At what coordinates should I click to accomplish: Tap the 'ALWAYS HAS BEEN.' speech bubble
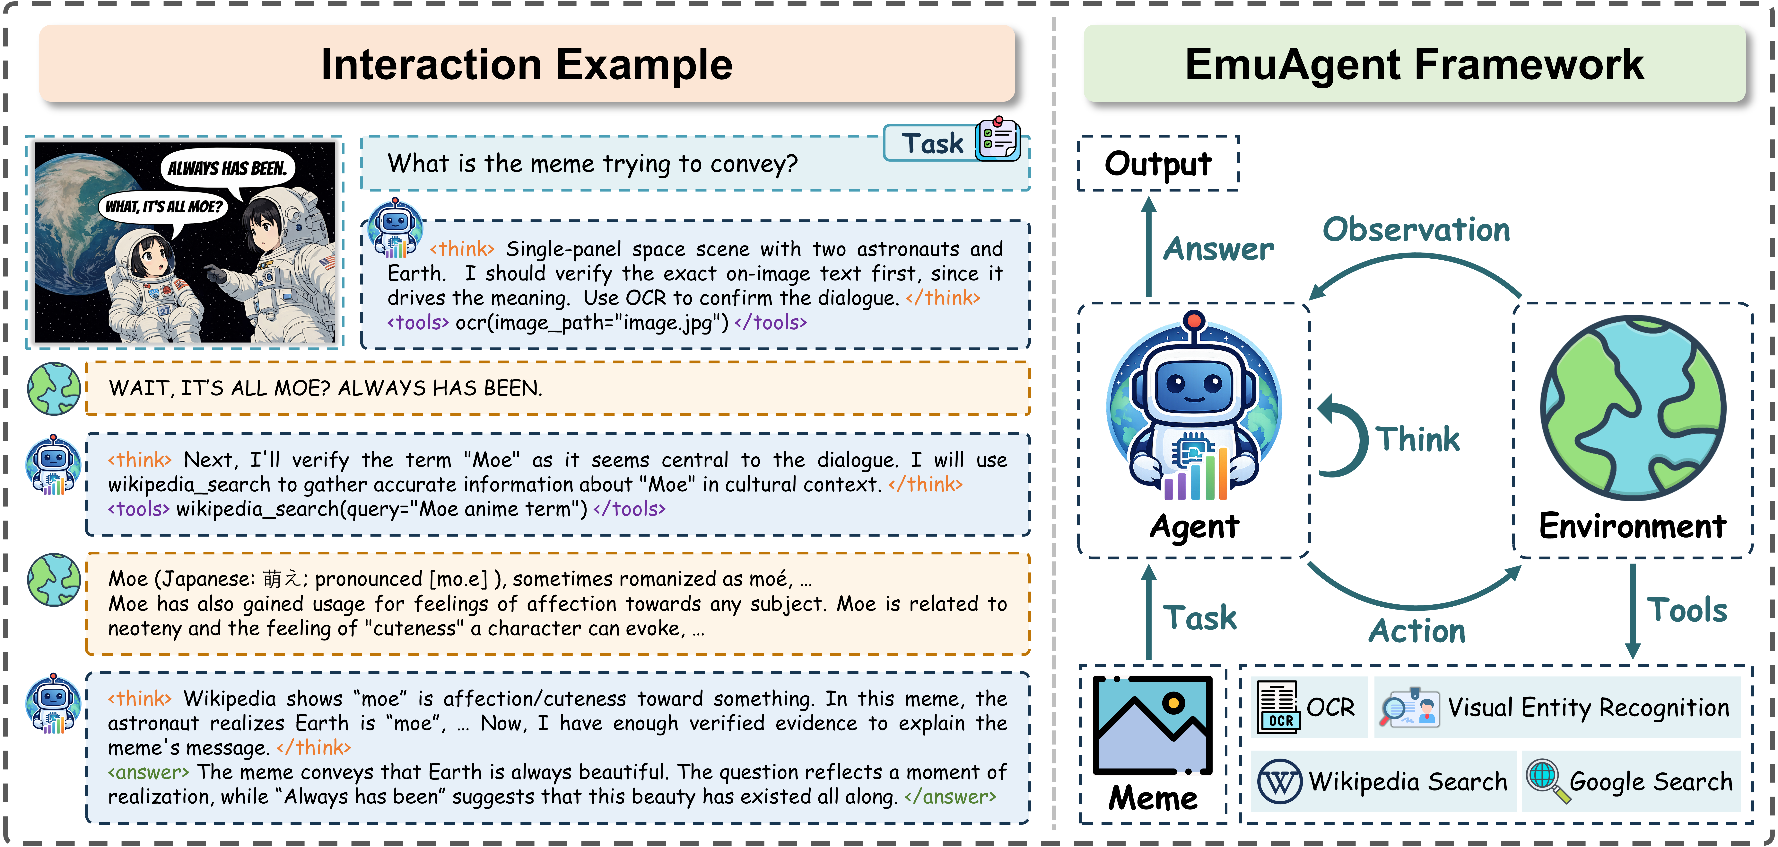tap(227, 168)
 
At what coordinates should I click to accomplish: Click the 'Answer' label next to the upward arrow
tap(1218, 249)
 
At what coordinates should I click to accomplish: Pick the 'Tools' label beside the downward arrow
tap(1687, 610)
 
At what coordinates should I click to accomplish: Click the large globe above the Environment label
tap(1633, 407)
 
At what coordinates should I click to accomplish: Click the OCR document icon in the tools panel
tap(1278, 706)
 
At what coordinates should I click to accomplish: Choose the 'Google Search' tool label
tap(1650, 782)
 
